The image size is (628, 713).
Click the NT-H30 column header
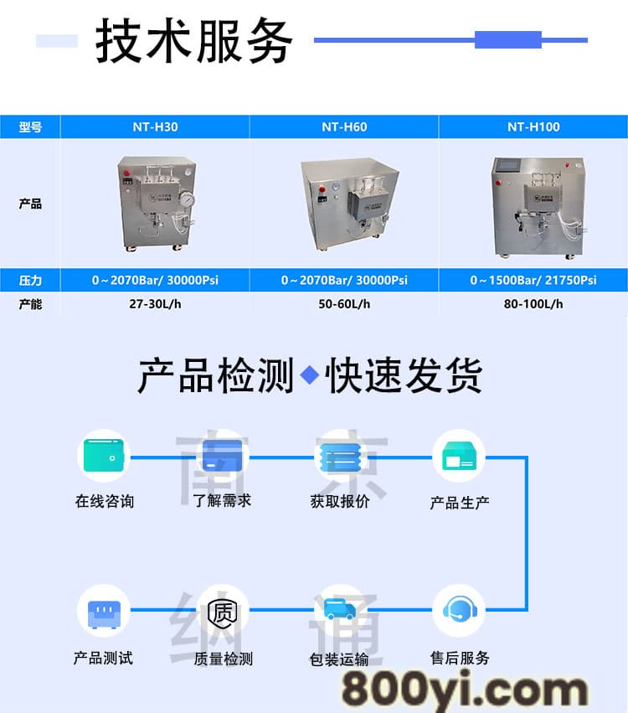pos(155,127)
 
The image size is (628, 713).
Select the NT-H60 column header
pos(344,127)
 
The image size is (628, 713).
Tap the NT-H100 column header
pos(533,127)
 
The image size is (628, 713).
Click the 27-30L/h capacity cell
pos(155,304)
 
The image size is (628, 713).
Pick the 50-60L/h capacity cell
pos(344,304)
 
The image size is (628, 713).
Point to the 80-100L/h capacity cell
pos(533,304)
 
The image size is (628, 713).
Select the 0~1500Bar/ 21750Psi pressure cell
pos(533,280)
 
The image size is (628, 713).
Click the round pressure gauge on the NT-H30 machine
pos(187,199)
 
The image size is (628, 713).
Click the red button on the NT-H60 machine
pos(322,189)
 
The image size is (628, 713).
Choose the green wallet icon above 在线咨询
pos(104,455)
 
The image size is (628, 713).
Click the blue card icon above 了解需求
pos(222,455)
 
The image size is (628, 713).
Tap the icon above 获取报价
pos(340,457)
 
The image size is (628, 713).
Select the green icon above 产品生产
pos(459,456)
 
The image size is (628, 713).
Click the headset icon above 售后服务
pos(460,610)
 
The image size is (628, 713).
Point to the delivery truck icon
pos(340,608)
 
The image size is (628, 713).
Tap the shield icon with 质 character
pos(223,612)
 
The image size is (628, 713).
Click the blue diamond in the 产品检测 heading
pos(310,375)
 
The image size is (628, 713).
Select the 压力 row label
pos(30,280)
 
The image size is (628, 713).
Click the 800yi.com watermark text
pos(465,690)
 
